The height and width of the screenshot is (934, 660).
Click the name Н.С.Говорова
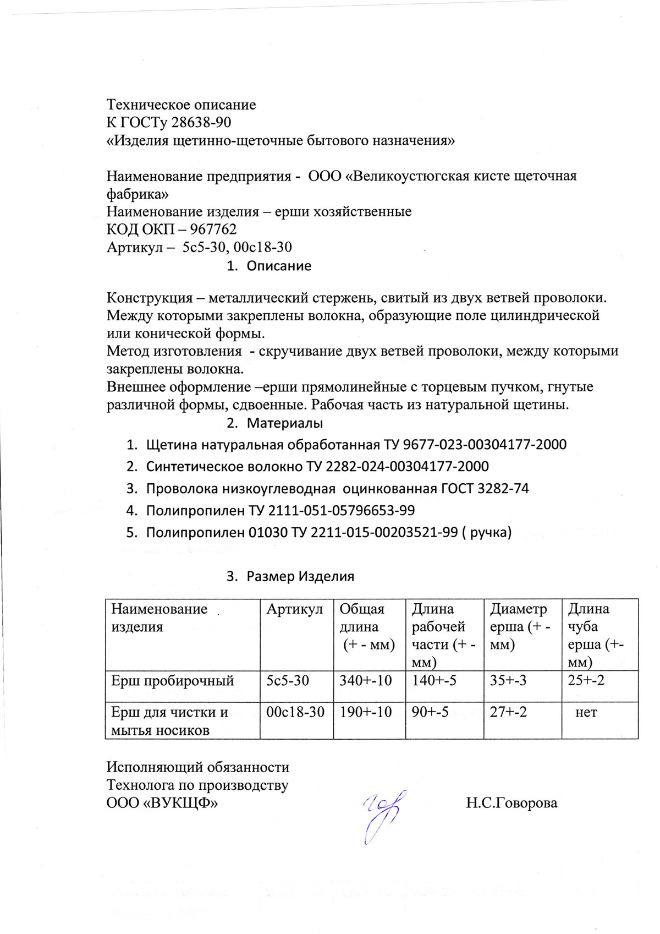[511, 803]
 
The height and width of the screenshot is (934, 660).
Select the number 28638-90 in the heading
[201, 122]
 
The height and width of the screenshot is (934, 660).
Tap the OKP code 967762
[213, 230]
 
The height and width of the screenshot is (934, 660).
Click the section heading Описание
[278, 266]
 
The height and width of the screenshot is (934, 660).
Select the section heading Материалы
[284, 423]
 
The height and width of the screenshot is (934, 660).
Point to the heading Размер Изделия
[300, 576]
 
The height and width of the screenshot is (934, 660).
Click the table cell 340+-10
[366, 681]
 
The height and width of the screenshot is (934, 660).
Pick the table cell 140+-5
[435, 681]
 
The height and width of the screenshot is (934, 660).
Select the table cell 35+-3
[508, 681]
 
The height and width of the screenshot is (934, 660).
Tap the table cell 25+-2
[586, 681]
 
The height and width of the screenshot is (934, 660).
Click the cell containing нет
[586, 713]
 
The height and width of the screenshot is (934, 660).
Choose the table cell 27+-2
[508, 713]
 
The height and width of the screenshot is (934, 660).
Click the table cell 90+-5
[430, 713]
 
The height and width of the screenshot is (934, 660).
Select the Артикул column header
[295, 609]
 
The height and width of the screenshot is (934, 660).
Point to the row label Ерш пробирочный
[173, 681]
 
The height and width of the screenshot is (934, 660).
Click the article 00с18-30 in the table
[295, 713]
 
